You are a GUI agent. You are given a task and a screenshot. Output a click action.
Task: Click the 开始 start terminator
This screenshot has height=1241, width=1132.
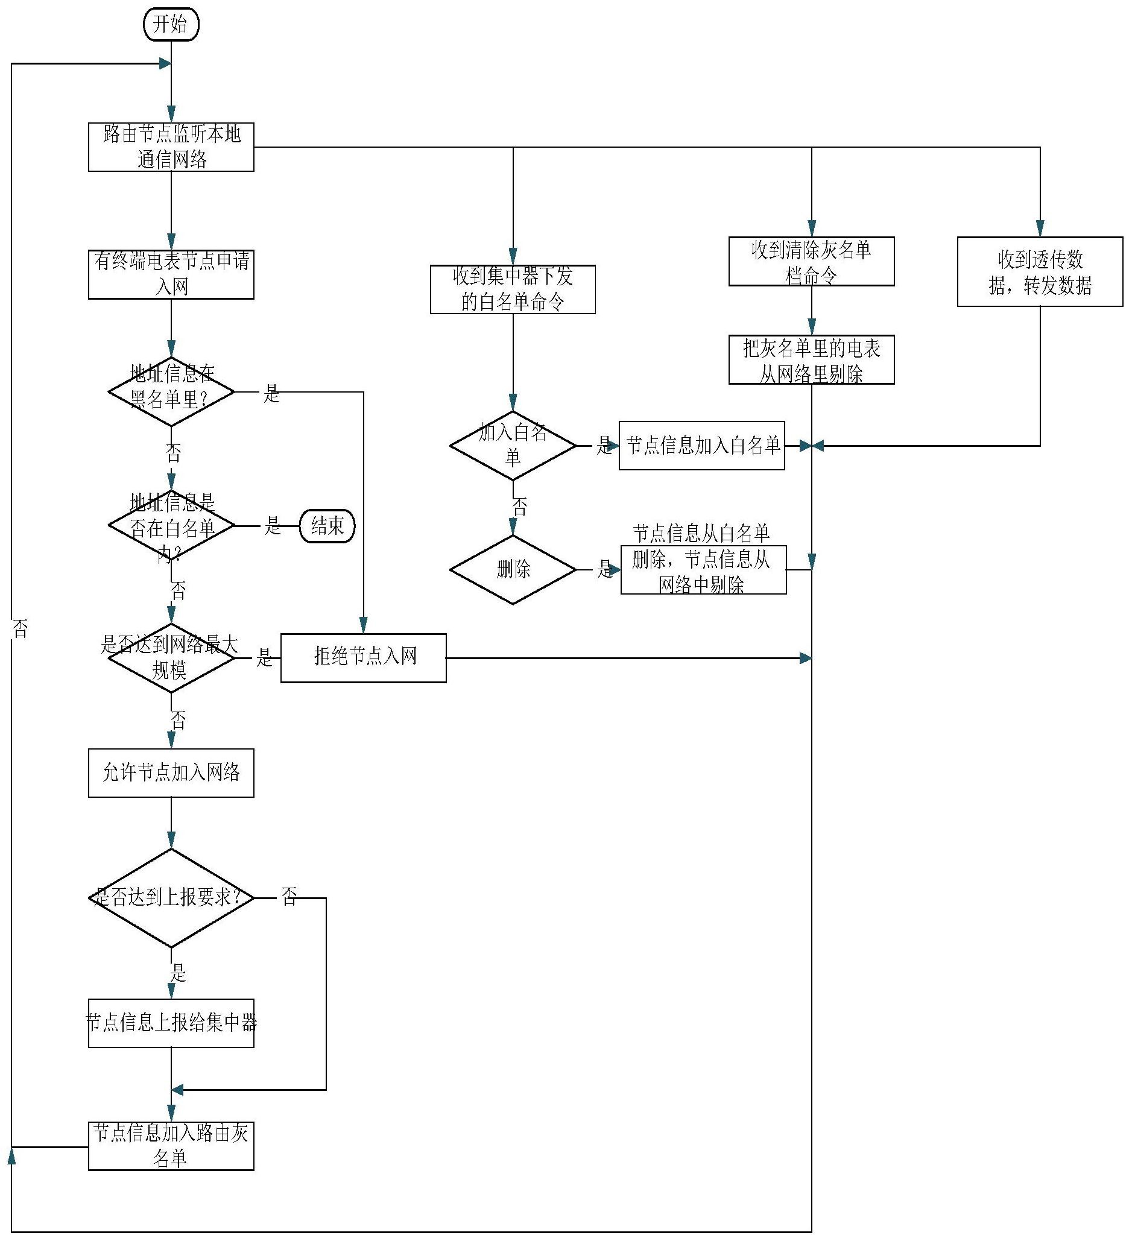click(171, 25)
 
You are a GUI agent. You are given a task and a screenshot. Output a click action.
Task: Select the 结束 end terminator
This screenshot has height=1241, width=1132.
click(327, 526)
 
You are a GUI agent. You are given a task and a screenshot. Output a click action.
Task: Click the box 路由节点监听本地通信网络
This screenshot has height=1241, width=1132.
click(171, 147)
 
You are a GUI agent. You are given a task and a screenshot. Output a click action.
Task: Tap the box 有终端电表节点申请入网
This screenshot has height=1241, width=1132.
click(171, 274)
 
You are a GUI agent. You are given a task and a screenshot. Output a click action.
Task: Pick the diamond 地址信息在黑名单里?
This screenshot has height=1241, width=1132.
click(171, 391)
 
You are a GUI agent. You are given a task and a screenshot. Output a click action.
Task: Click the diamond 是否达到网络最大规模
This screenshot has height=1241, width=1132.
click(171, 658)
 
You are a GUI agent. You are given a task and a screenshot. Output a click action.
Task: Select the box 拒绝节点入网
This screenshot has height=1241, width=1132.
click(363, 658)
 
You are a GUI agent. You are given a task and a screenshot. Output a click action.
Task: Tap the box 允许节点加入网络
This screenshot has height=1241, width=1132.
click(171, 773)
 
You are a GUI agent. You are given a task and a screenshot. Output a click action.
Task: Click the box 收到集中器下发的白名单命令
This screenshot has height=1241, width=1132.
click(513, 289)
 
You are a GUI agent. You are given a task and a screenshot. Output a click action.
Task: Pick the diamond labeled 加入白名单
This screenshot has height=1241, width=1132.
click(513, 446)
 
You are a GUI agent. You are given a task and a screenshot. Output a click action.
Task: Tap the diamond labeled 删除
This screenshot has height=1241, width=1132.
click(513, 570)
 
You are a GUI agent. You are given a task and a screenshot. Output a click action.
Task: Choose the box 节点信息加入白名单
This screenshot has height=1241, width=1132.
click(702, 446)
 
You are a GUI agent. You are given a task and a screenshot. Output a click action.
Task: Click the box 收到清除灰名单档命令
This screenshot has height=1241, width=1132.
click(811, 262)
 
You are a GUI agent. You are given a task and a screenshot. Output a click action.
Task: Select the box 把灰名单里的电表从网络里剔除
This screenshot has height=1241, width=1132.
click(811, 360)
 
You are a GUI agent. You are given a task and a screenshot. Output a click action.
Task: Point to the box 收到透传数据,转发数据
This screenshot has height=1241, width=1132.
click(1040, 272)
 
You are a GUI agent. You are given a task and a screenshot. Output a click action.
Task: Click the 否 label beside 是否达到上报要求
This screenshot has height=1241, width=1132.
click(289, 896)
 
